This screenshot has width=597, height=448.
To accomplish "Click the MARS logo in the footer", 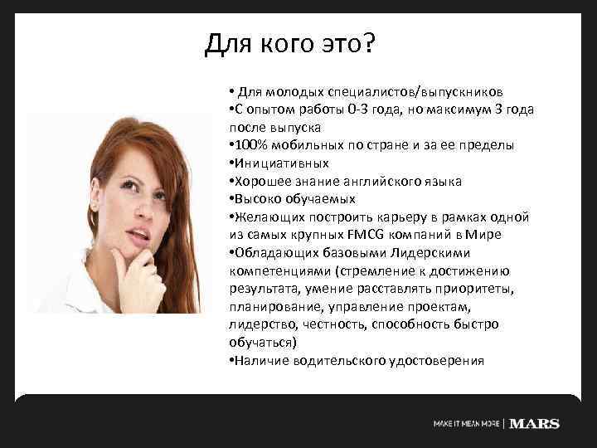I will coord(534,423).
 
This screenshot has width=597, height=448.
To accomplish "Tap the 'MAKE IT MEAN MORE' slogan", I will coord(467,424).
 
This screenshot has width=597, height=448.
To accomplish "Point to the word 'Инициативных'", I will coord(282,163).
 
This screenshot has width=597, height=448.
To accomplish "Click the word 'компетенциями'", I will coord(277,271).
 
